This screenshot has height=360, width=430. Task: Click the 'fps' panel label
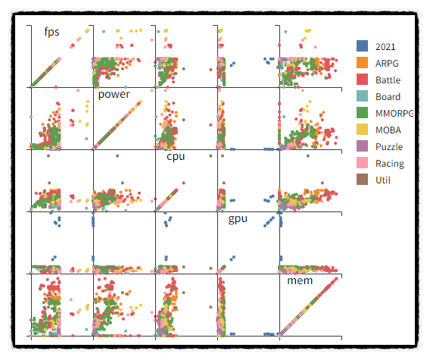coord(51,32)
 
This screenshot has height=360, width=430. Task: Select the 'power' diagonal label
coord(114,94)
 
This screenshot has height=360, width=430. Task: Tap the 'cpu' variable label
coord(175,157)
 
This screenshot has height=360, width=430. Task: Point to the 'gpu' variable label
coord(238,219)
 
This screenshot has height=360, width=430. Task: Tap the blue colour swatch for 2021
coord(363,47)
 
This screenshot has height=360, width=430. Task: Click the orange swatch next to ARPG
coord(363,64)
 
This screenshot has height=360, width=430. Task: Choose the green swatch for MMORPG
coord(363,114)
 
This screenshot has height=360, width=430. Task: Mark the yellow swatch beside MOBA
coord(363,130)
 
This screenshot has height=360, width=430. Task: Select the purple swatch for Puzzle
coord(363,147)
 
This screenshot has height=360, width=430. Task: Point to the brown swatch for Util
coord(363,180)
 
